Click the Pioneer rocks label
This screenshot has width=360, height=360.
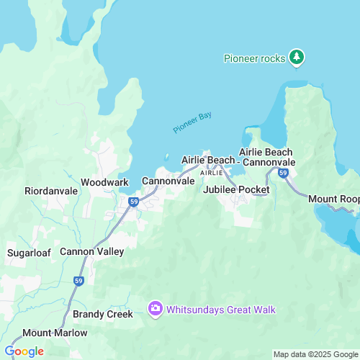254,58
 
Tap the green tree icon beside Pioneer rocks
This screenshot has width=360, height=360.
296,57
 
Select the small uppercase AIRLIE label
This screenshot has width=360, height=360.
211,174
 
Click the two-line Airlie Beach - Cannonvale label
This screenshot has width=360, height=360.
266,157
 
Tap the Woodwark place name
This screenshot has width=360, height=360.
104,182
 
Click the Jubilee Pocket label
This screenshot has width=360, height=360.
236,189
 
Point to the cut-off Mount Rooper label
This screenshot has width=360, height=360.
334,199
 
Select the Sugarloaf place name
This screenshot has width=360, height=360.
27,253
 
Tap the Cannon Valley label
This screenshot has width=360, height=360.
91,251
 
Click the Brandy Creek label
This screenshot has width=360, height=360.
103,315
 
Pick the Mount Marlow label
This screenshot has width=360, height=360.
55,333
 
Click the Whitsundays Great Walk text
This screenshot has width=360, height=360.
221,310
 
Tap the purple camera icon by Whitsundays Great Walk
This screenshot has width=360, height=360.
155,310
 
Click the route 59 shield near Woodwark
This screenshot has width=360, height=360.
134,202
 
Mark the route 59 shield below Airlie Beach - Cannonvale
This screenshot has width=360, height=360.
283,174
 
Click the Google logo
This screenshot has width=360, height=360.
24,351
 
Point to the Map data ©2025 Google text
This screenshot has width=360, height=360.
314,354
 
